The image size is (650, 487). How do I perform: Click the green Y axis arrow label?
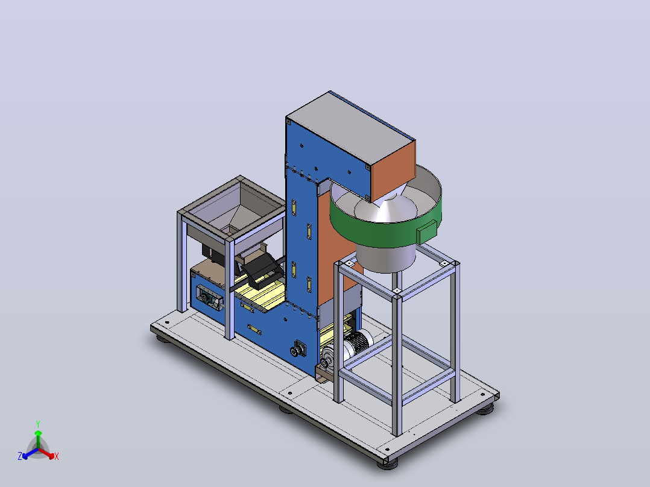[38, 424]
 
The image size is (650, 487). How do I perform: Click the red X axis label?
[57, 456]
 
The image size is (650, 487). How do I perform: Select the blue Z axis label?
[20, 456]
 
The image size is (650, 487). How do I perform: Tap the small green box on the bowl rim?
[426, 231]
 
